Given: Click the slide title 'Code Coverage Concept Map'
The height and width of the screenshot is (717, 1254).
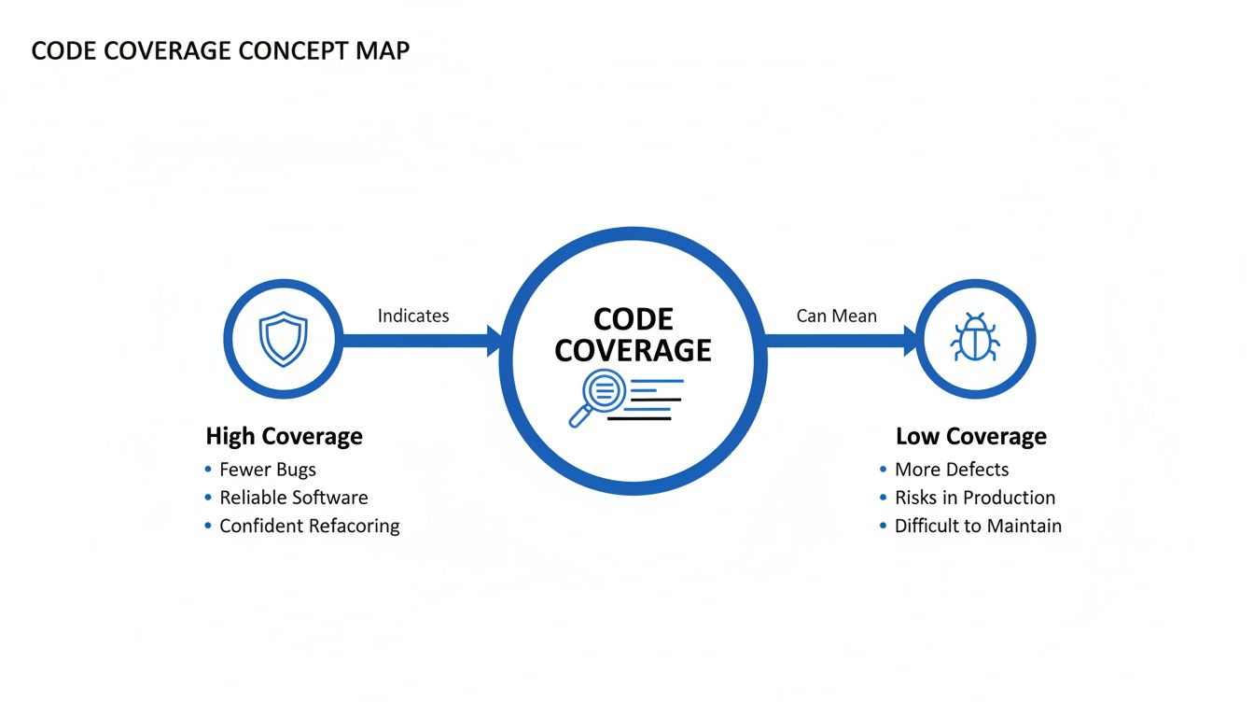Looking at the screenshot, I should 220,50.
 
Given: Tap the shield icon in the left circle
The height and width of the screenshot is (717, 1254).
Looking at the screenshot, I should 283,339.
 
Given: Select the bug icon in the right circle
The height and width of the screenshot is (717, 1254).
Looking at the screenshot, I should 975,338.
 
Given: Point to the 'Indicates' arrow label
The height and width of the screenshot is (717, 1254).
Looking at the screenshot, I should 413,316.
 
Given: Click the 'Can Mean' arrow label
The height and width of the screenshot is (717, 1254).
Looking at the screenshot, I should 836,316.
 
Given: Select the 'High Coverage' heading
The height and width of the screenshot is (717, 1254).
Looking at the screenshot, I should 284,436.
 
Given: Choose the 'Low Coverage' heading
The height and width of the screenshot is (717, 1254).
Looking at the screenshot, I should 970,436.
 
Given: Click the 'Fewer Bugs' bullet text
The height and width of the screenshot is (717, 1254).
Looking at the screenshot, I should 268,470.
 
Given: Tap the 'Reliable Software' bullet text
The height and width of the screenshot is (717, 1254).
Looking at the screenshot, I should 294,498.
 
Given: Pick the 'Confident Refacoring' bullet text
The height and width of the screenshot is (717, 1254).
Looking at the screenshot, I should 310,526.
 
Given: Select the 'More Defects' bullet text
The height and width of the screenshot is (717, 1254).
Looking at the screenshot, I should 952,470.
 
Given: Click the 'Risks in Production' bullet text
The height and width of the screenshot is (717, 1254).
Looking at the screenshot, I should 975,498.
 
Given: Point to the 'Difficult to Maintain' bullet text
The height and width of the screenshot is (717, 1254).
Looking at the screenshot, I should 978,526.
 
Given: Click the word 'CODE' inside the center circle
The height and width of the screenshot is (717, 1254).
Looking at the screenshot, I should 633,319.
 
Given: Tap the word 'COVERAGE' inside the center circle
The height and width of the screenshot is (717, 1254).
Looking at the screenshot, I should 633,350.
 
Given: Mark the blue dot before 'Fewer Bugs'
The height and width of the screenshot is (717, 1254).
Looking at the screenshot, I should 208,470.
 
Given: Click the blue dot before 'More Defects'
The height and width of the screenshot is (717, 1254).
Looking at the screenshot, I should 883,470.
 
